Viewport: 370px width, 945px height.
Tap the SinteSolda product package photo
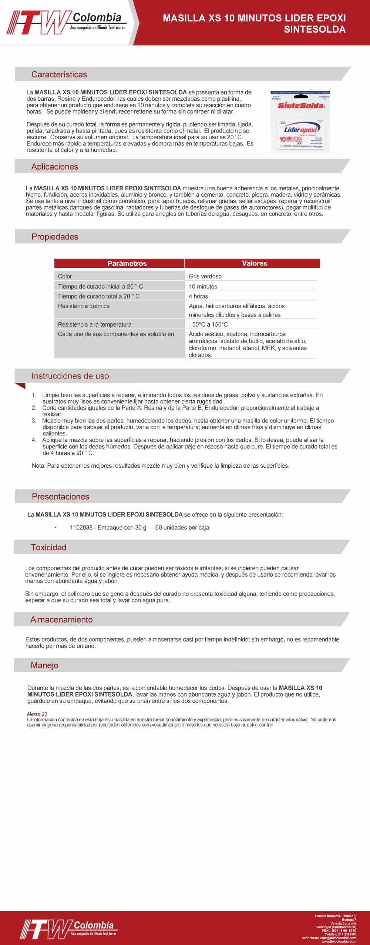(x=300, y=121)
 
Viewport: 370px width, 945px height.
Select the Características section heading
(x=59, y=74)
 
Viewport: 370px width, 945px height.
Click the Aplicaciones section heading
(x=55, y=167)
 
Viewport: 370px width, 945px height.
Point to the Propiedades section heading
(x=55, y=237)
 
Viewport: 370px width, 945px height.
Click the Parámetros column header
(x=127, y=263)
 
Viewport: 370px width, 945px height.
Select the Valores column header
(x=254, y=263)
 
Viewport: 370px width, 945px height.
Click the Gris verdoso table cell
(x=205, y=276)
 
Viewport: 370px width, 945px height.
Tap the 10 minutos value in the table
(x=203, y=286)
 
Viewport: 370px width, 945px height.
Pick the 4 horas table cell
(x=198, y=296)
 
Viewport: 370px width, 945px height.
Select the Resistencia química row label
(x=84, y=306)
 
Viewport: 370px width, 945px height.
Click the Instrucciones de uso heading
(x=70, y=376)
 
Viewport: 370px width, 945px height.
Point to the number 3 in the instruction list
(x=34, y=421)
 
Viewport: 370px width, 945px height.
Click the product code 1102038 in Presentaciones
(x=81, y=527)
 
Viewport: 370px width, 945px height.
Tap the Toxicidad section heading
(x=48, y=547)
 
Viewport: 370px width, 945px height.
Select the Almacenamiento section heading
(x=61, y=620)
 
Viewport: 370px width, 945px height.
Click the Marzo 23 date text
(x=37, y=714)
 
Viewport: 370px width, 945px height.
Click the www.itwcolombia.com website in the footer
(x=339, y=941)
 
